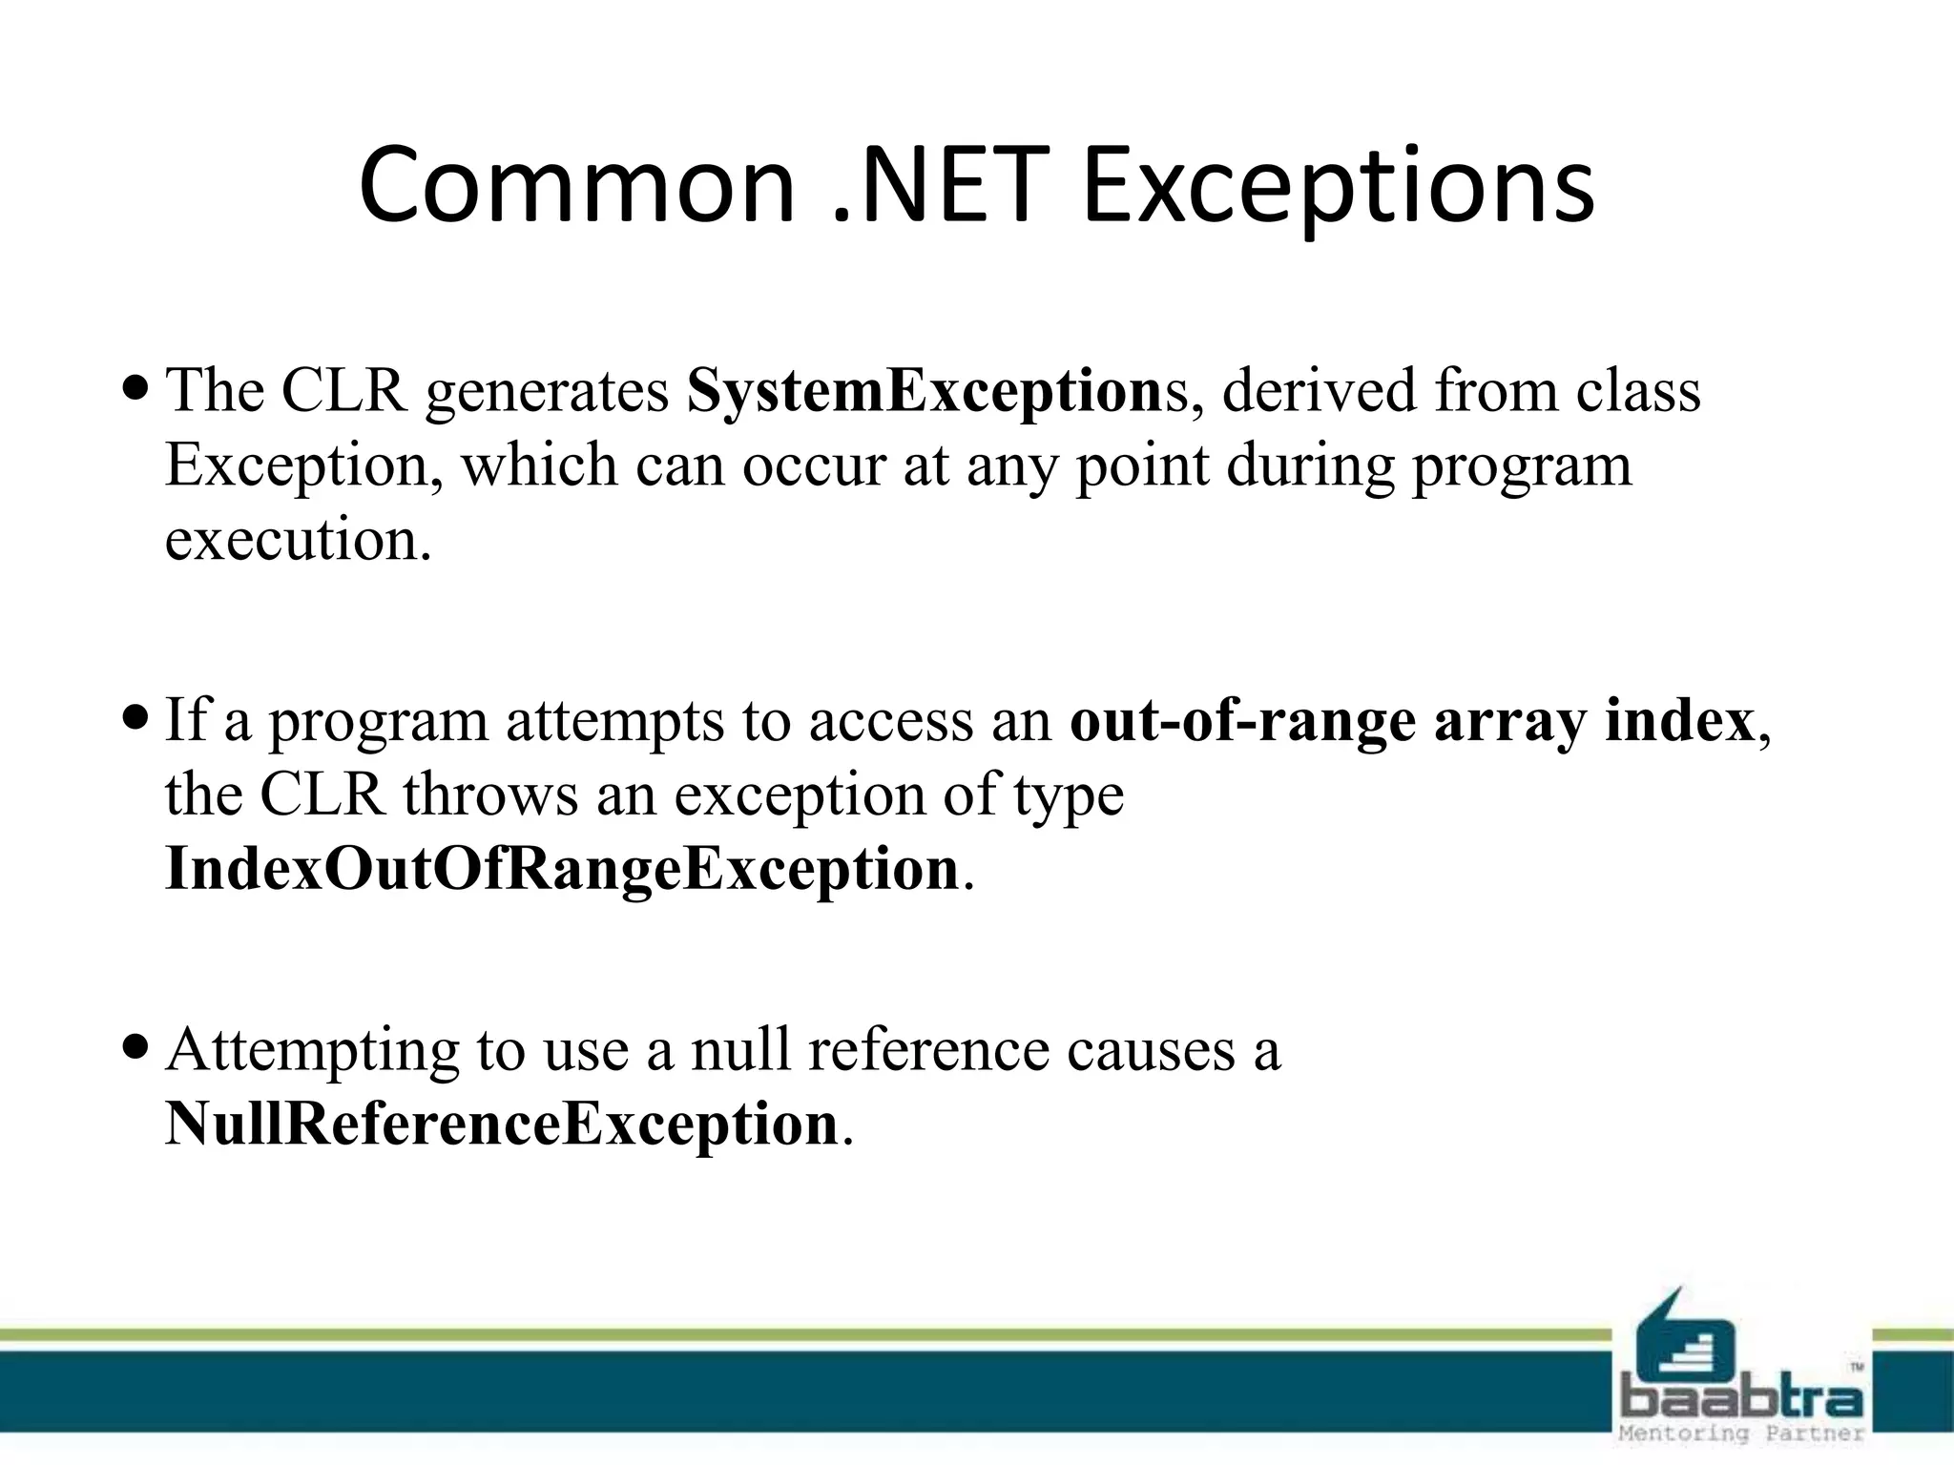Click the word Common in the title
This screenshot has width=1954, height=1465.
point(576,186)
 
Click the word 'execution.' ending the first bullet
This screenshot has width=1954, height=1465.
point(299,540)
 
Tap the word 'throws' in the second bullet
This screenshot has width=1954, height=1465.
point(490,794)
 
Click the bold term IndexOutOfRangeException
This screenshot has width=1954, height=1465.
point(562,870)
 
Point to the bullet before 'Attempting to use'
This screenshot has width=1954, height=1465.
point(136,1047)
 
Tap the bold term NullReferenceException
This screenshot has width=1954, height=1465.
point(501,1124)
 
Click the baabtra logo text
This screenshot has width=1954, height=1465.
point(1742,1400)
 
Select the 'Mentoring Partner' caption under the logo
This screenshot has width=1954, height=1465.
point(1741,1434)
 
